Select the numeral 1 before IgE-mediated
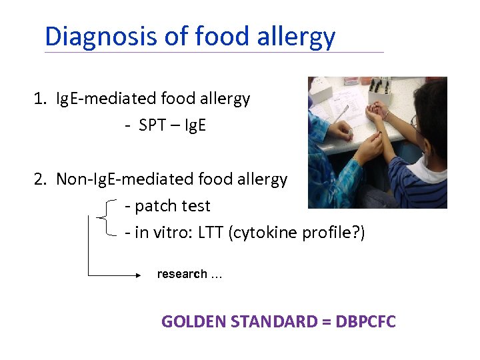pyautogui.click(x=39, y=99)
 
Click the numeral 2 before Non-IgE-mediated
pyautogui.click(x=39, y=179)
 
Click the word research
pyautogui.click(x=182, y=274)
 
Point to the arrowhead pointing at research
pyautogui.click(x=137, y=274)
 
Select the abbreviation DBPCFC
pyautogui.click(x=365, y=322)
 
